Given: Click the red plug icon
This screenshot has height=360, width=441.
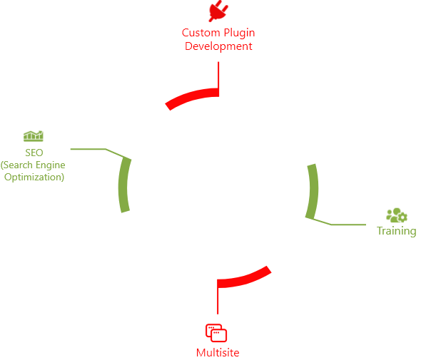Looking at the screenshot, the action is coord(218,11).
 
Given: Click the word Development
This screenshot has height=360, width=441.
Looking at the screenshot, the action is coord(218,46).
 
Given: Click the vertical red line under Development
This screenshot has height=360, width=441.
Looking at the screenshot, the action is coord(218,76).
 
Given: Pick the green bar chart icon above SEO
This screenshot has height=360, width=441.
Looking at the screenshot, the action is coord(34,136).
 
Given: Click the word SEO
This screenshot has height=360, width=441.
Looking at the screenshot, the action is coord(34,153).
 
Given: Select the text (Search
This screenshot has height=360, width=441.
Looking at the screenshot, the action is coord(16,165).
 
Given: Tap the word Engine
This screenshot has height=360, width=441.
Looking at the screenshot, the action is coord(51,165).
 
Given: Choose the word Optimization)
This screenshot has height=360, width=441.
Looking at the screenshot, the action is coord(34,178).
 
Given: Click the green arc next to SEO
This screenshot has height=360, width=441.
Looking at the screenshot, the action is coord(123,185).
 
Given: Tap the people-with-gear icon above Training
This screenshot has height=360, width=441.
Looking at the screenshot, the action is coord(397,215).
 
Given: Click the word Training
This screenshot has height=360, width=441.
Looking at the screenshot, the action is coord(397,231).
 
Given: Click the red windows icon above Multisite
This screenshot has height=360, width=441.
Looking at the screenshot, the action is coord(216,333).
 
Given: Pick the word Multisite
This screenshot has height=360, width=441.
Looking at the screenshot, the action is coord(218,353).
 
